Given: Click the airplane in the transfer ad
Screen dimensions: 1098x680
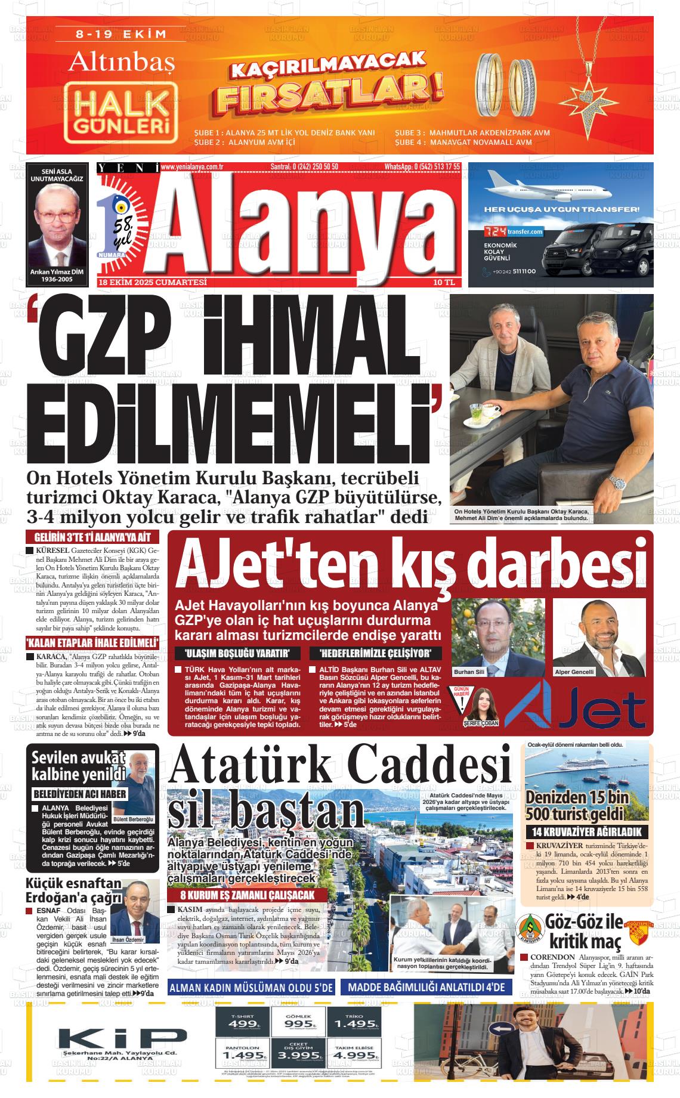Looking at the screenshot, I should pyautogui.click(x=547, y=190).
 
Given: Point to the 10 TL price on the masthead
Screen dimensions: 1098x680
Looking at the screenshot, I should pyautogui.click(x=444, y=282).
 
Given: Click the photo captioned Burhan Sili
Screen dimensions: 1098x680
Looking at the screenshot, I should pyautogui.click(x=499, y=637).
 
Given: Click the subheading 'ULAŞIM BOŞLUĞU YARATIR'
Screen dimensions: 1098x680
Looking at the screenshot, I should pyautogui.click(x=237, y=652).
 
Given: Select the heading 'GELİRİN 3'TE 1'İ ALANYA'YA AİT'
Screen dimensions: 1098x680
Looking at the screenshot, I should pyautogui.click(x=92, y=537).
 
